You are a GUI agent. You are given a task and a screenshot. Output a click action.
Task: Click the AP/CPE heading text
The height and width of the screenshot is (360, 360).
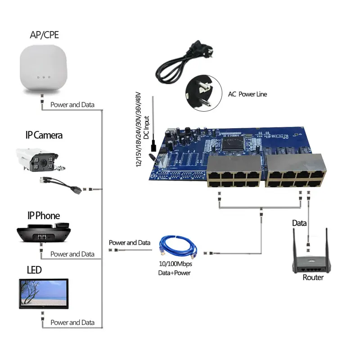pyautogui.click(x=44, y=35)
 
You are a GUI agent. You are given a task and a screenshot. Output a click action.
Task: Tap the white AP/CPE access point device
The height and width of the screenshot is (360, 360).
pyautogui.click(x=43, y=68)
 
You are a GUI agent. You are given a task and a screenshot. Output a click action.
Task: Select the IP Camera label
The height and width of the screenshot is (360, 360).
pyautogui.click(x=44, y=135)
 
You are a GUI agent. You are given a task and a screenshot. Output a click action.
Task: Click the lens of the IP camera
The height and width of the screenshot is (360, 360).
pyautogui.click(x=43, y=163)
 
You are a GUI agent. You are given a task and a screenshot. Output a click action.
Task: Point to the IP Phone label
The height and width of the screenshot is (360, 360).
pyautogui.click(x=44, y=216)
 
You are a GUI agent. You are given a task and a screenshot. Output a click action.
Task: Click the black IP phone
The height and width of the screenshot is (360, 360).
pyautogui.click(x=44, y=232)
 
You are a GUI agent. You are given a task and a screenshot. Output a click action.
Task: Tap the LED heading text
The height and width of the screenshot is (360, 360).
pyautogui.click(x=34, y=270)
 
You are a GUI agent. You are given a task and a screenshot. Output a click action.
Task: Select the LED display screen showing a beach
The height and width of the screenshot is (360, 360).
pyautogui.click(x=44, y=294)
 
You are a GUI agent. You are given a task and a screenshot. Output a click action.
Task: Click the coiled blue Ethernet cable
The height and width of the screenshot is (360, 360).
pyautogui.click(x=178, y=246)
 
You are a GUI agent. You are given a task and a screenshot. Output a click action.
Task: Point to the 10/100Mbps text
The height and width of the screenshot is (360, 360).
pyautogui.click(x=175, y=264)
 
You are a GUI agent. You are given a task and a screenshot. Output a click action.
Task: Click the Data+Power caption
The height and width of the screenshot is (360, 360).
pyautogui.click(x=175, y=273)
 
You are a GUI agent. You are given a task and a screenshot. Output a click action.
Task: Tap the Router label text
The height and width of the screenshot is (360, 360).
pyautogui.click(x=313, y=277)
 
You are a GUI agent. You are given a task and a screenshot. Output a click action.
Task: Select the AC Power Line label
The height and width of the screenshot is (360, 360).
pyautogui.click(x=247, y=94)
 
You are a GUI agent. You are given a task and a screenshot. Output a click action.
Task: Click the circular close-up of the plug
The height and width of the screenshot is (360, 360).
pyautogui.click(x=204, y=93)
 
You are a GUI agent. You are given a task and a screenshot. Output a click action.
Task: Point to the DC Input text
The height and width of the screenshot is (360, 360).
pyautogui.click(x=147, y=127)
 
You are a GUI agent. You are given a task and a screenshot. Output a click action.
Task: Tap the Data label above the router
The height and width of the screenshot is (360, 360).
pyautogui.click(x=299, y=223)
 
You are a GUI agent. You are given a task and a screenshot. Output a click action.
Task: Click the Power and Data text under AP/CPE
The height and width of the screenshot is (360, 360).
pyautogui.click(x=72, y=105)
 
